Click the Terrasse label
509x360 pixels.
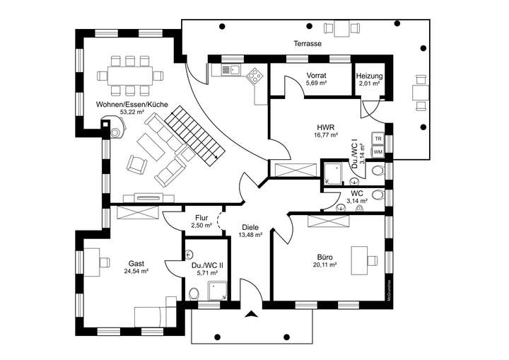pos(308,44)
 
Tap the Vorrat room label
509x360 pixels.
pos(315,75)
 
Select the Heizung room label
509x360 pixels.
pos(369,75)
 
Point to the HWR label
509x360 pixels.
pos(325,127)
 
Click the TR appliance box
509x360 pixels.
pos(378,139)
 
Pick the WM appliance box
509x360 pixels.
pos(378,151)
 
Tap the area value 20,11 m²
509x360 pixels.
pos(325,265)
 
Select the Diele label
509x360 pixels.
pos(250,227)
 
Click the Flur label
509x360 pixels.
pos(201,217)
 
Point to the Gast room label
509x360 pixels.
pos(136,262)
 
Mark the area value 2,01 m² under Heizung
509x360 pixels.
pos(369,83)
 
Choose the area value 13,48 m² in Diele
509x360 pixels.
pos(251,235)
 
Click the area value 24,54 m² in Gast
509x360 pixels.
pos(136,271)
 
